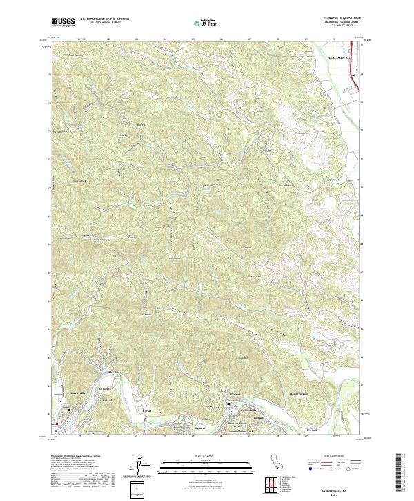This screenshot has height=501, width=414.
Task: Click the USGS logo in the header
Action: click(x=63, y=22)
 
